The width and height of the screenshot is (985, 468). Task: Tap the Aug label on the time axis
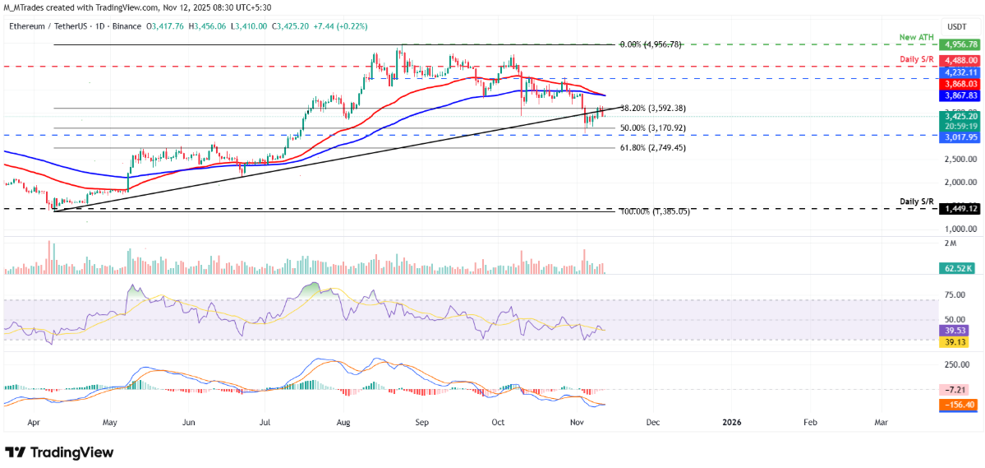(343, 422)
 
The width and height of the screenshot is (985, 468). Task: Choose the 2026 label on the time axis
(731, 422)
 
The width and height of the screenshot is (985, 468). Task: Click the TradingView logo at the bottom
(59, 452)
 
